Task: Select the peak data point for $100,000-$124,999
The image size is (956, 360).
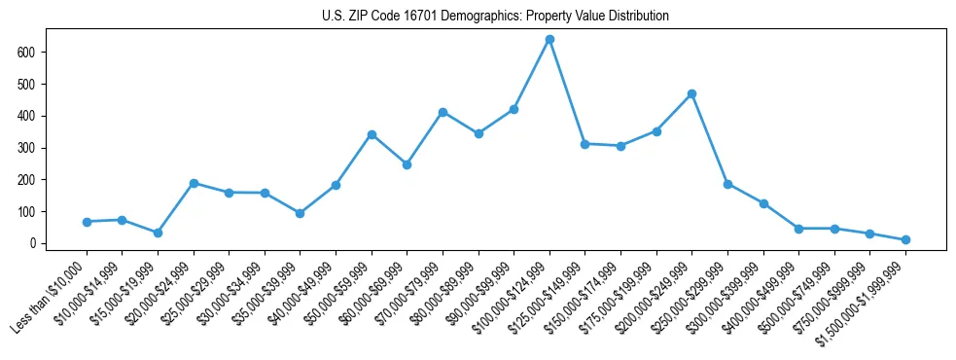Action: pos(549,39)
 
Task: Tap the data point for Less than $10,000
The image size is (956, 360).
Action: pos(87,222)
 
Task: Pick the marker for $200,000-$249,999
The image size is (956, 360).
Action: pos(691,93)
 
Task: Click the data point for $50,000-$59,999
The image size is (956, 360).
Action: pos(372,134)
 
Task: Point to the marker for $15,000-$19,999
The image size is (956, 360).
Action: pos(158,233)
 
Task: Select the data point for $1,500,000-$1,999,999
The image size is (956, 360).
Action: pos(905,239)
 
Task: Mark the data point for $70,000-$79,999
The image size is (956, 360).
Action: pos(443,112)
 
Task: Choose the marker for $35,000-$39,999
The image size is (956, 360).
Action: pos(301,213)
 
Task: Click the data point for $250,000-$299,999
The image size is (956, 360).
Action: pos(727,184)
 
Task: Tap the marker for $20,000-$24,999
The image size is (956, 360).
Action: pos(194,183)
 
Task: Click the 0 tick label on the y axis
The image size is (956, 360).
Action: pos(33,243)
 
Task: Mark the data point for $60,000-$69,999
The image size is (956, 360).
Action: pos(407,164)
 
